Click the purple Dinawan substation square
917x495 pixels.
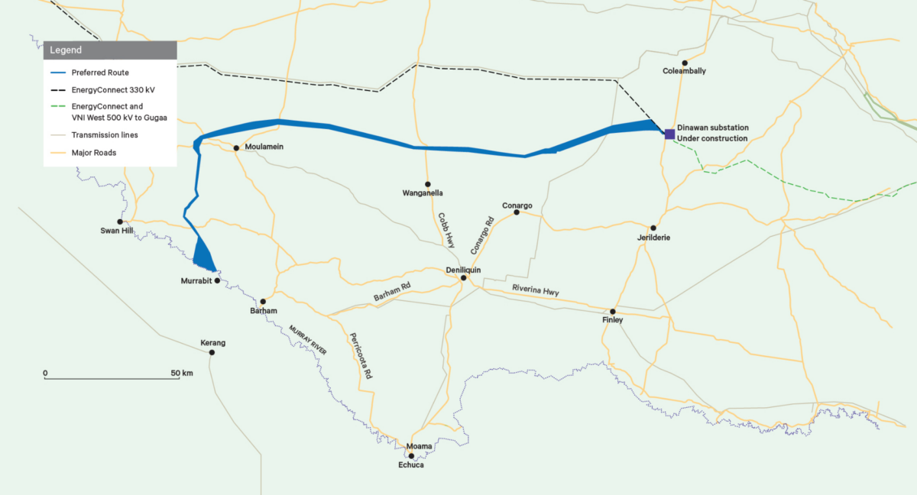pos(669,134)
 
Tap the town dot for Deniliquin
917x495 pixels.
pos(463,278)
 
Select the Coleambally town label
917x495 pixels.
pos(685,71)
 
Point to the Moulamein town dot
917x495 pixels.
pos(237,147)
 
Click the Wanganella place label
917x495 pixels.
pos(423,193)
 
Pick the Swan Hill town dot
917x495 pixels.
pos(120,222)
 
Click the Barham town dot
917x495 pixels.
pos(263,302)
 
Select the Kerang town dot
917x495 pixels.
pos(212,352)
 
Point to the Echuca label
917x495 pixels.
pos(410,464)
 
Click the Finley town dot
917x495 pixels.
pos(613,311)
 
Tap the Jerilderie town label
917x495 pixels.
pos(653,238)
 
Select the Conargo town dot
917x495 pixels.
pos(517,212)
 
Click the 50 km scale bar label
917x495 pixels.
pos(183,373)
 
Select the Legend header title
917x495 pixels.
pos(66,50)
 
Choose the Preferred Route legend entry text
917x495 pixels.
pos(100,73)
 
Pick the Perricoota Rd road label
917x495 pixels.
pos(361,356)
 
